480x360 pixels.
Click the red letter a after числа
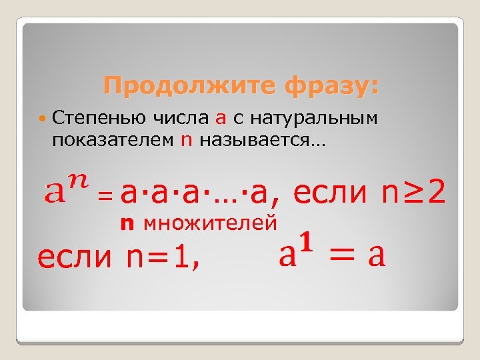[221, 119]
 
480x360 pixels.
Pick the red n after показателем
[186, 141]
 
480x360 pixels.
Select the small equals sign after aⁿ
[105, 196]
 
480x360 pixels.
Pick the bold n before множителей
[125, 223]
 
